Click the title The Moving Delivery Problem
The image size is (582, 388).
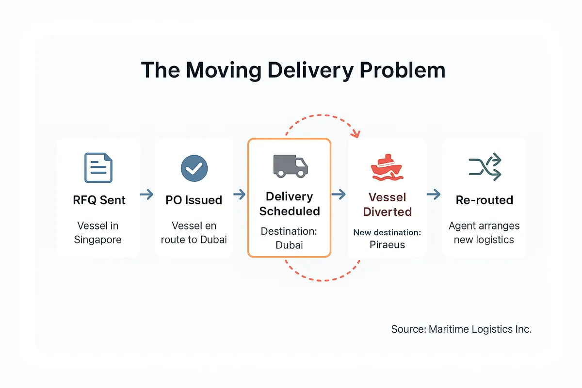click(293, 70)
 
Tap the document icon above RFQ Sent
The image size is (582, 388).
click(98, 168)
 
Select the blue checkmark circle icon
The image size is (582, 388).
click(194, 168)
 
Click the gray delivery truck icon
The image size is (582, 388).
click(290, 165)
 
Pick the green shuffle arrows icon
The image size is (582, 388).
click(485, 167)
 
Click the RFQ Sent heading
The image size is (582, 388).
click(99, 200)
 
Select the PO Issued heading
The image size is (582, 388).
click(194, 200)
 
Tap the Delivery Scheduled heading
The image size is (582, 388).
click(290, 204)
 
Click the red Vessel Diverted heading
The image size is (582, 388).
click(387, 204)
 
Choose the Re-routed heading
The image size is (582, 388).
click(484, 200)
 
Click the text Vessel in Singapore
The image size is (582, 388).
click(98, 233)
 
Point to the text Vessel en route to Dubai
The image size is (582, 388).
click(194, 233)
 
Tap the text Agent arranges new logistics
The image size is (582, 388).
click(484, 233)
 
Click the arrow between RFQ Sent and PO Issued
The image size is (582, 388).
click(146, 195)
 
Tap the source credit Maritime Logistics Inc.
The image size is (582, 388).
click(461, 329)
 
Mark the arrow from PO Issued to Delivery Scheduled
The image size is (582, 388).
click(239, 195)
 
